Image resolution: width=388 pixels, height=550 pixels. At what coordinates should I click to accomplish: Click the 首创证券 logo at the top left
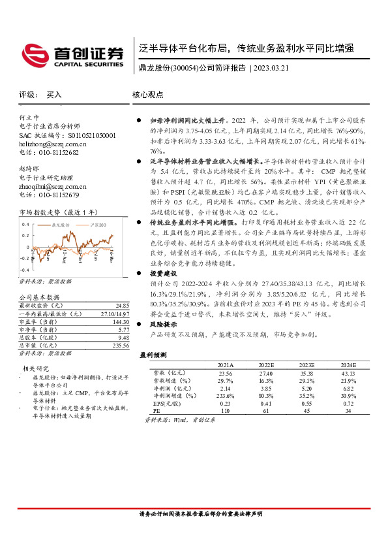point(72,54)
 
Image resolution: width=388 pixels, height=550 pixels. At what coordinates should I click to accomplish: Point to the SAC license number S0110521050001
point(87,135)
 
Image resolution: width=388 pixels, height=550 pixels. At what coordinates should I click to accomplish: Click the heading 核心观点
point(147,95)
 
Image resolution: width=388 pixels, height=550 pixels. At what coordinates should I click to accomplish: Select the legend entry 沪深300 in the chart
point(101,224)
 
